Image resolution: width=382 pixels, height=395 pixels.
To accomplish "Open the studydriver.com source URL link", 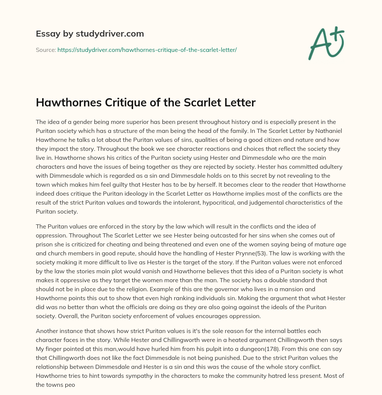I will (147, 50).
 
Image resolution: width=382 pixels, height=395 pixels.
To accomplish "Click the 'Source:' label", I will (46, 50).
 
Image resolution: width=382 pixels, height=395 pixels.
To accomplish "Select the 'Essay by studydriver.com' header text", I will (90, 34).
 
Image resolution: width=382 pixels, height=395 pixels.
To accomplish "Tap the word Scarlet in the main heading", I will (199, 103).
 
